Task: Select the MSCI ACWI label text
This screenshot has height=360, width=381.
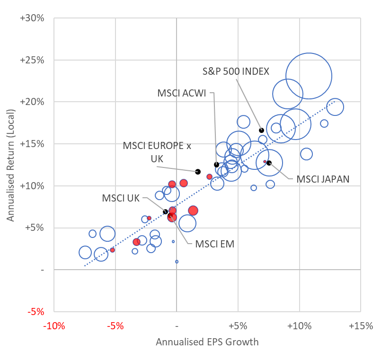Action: tap(182, 93)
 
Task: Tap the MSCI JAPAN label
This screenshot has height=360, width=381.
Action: tap(323, 179)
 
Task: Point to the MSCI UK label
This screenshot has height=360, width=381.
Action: tap(121, 198)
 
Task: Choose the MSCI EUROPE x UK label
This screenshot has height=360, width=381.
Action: tap(157, 152)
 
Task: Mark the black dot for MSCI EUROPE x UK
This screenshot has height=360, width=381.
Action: tap(198, 172)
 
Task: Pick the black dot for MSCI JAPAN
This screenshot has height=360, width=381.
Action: tap(269, 163)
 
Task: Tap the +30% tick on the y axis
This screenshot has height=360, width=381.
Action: tap(33, 18)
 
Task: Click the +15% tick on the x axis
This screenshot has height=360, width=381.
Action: tap(361, 326)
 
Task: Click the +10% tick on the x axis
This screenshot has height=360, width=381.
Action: tap(299, 326)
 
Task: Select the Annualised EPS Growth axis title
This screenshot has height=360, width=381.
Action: tap(207, 342)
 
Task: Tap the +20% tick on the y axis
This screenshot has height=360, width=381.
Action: tap(33, 102)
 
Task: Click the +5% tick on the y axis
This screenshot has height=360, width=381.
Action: tap(35, 228)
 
